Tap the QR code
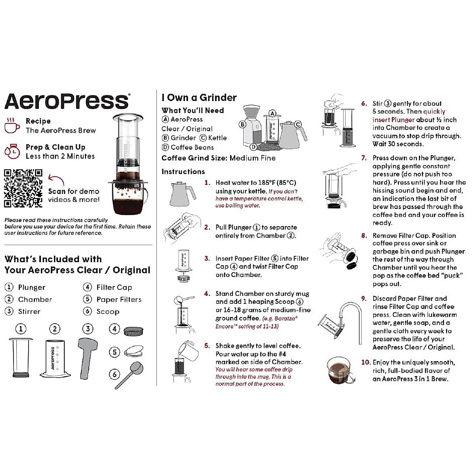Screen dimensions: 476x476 [x=23, y=188]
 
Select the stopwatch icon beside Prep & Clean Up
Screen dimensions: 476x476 [x=12, y=151]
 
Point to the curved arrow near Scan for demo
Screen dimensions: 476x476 [x=56, y=180]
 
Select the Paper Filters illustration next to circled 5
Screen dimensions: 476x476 [x=133, y=351]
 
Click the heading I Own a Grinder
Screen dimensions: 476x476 [x=199, y=98]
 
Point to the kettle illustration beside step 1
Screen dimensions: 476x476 [x=182, y=193]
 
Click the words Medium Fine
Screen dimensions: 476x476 [x=252, y=158]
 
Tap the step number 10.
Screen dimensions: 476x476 [x=365, y=362]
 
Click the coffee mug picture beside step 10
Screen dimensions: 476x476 [x=340, y=370]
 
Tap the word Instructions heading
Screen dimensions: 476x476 [x=183, y=172]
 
